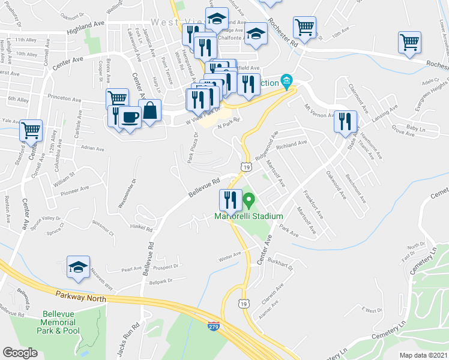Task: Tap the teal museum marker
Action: (286, 81)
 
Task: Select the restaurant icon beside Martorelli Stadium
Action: (231, 200)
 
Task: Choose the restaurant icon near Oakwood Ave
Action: (345, 121)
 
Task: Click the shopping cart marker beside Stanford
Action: (31, 130)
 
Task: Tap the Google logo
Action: (20, 353)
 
